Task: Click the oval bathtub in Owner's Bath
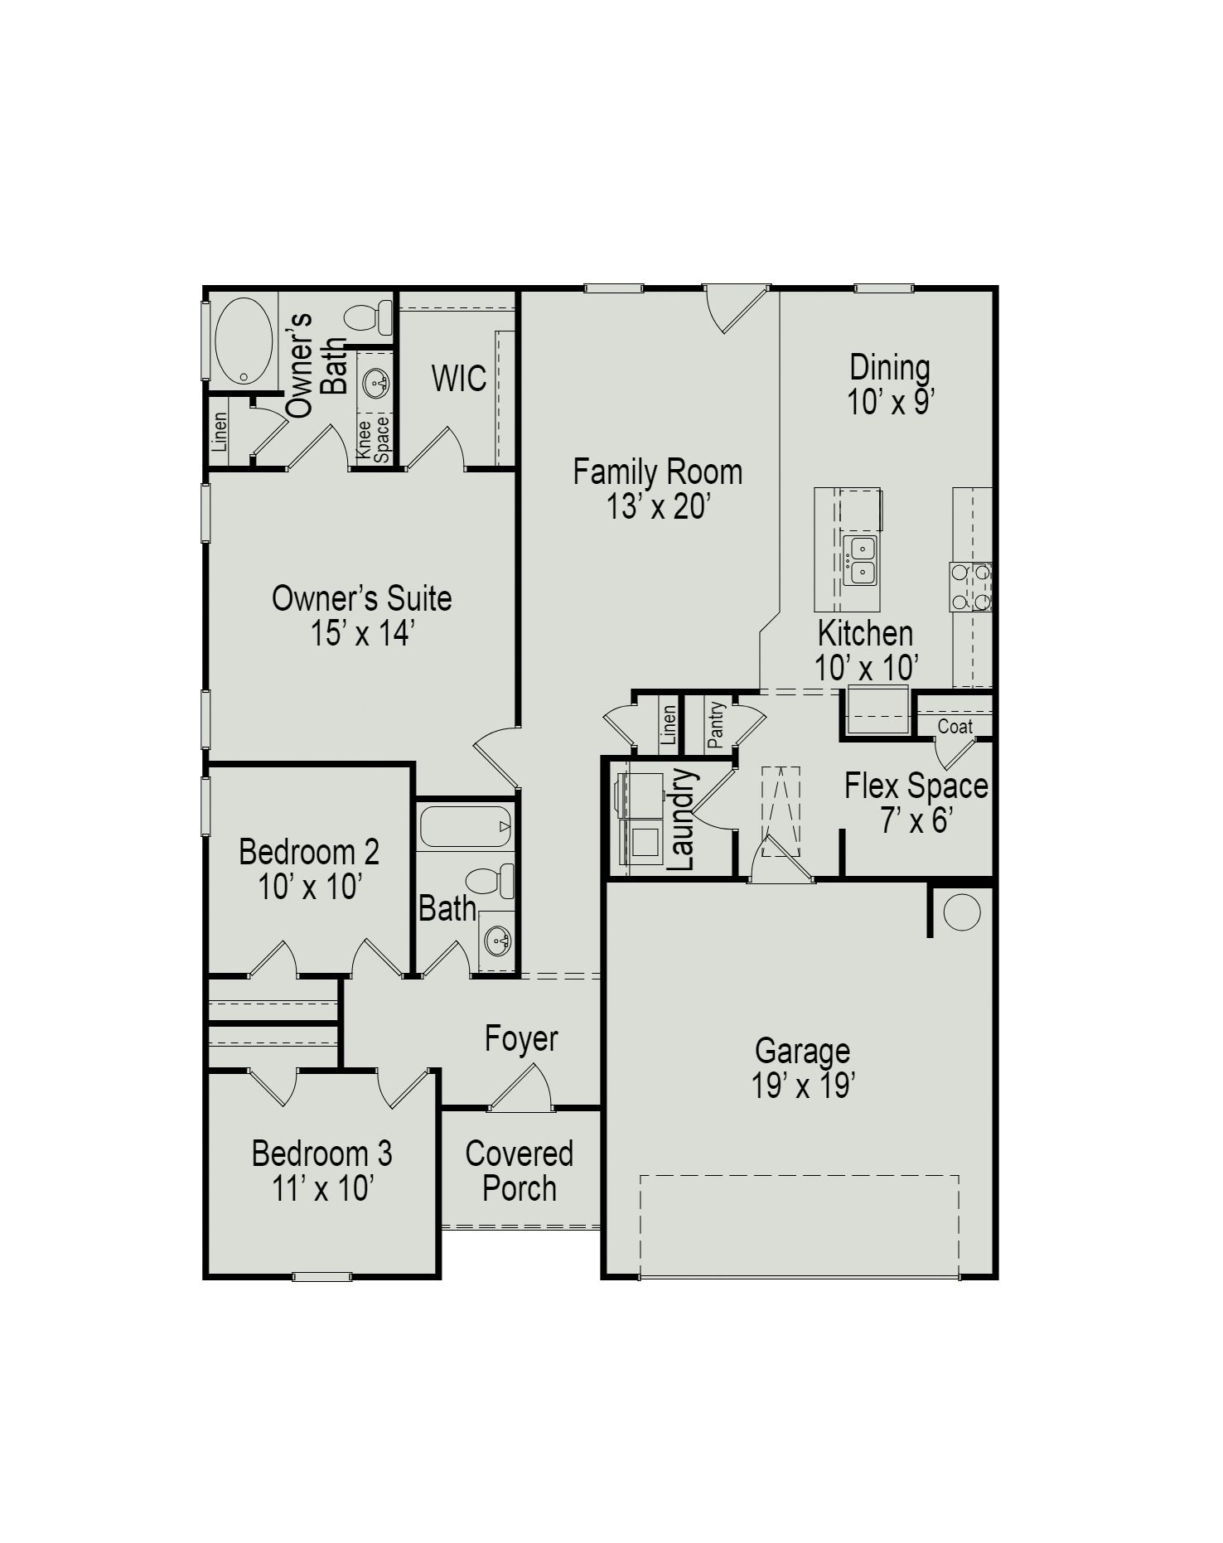pyautogui.click(x=244, y=341)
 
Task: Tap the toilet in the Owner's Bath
pyautogui.click(x=369, y=317)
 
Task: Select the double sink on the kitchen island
pyautogui.click(x=860, y=560)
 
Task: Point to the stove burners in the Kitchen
pyautogui.click(x=970, y=587)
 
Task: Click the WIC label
pyautogui.click(x=458, y=379)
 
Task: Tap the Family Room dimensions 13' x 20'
pyautogui.click(x=659, y=506)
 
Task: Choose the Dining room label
pyautogui.click(x=890, y=367)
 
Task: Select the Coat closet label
pyautogui.click(x=955, y=727)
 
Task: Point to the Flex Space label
pyautogui.click(x=916, y=786)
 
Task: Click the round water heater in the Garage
pyautogui.click(x=961, y=912)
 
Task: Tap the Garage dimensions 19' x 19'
pyautogui.click(x=802, y=1086)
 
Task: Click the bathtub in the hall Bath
pyautogui.click(x=465, y=826)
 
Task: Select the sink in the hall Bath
pyautogui.click(x=498, y=941)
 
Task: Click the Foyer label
pyautogui.click(x=521, y=1038)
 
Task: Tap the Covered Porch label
pyautogui.click(x=520, y=1170)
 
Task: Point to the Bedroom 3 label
pyautogui.click(x=321, y=1154)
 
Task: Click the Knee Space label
pyautogui.click(x=373, y=439)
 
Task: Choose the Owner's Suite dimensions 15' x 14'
pyautogui.click(x=362, y=634)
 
